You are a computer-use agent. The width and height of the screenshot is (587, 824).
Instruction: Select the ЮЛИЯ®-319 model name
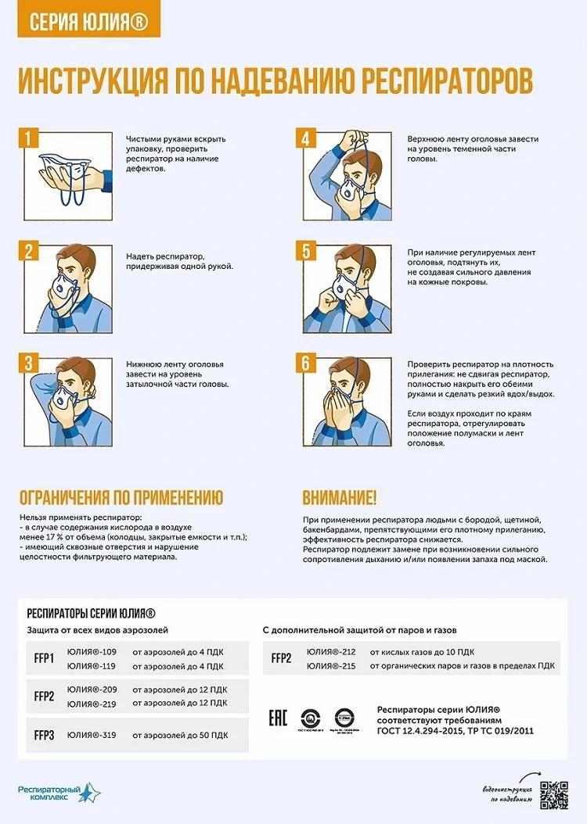(x=92, y=735)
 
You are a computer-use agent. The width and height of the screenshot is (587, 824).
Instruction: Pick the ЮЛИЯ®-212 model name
(x=331, y=651)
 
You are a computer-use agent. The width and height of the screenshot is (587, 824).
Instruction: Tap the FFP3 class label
(x=44, y=735)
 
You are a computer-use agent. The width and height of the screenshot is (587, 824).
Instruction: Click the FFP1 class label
(x=44, y=658)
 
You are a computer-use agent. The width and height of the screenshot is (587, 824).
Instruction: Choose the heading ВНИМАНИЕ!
(x=339, y=498)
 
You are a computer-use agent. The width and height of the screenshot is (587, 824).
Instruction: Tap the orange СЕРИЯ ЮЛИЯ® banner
(x=88, y=21)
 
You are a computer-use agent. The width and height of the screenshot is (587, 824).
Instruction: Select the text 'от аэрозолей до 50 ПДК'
(x=180, y=735)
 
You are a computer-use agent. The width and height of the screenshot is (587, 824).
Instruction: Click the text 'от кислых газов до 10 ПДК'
(x=422, y=651)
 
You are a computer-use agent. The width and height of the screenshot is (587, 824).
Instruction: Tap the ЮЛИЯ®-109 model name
(x=92, y=651)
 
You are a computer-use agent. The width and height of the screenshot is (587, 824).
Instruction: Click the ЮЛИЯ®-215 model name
(x=331, y=665)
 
